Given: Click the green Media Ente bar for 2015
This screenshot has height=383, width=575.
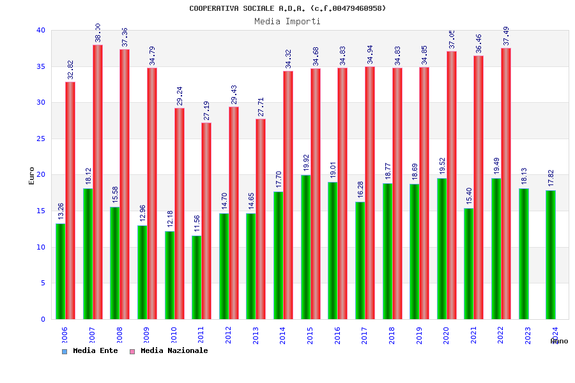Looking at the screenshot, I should [x=306, y=247].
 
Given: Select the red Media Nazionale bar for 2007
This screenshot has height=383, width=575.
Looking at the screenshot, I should [x=98, y=182].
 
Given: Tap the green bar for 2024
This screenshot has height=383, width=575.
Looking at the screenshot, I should [x=551, y=255].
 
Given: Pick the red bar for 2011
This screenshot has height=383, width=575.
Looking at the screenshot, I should [x=206, y=221].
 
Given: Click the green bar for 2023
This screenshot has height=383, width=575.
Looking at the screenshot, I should [x=524, y=253].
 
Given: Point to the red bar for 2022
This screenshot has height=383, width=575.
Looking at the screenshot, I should [x=506, y=184].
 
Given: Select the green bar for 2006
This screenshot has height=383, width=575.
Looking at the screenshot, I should [x=60, y=271].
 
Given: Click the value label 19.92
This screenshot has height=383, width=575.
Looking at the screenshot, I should [x=306, y=163].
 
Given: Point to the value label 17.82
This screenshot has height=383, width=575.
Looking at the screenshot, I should [x=551, y=178].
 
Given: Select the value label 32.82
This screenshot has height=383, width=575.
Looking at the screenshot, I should [x=70, y=70].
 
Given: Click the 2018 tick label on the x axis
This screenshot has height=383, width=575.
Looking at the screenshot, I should [x=392, y=335].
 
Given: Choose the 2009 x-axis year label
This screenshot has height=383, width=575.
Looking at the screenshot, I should [x=146, y=335].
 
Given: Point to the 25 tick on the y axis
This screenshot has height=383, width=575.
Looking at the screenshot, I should [x=41, y=139].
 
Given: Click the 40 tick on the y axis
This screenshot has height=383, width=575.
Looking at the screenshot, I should [x=41, y=30].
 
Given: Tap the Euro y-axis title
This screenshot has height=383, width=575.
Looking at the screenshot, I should [x=32, y=176].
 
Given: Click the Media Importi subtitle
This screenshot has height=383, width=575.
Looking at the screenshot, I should [x=287, y=21].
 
